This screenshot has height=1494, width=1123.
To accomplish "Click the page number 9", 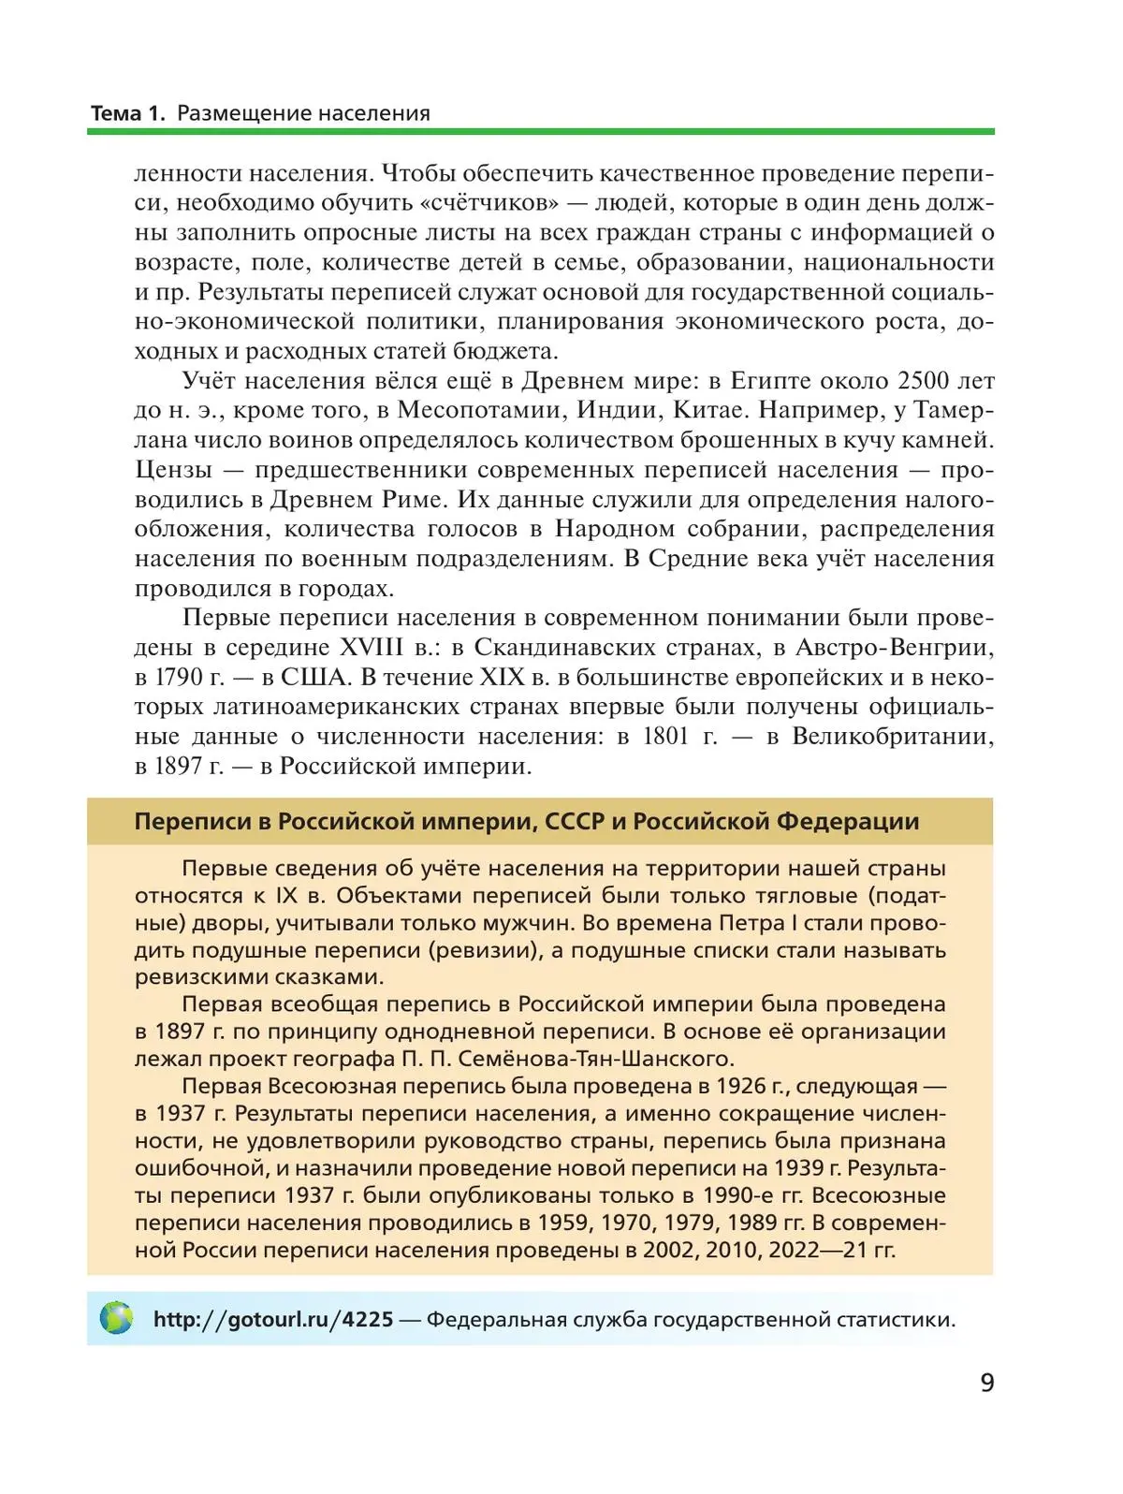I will click(986, 1382).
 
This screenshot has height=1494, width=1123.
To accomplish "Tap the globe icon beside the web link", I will click(116, 1318).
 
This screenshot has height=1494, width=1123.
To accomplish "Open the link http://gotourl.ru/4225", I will click(273, 1319).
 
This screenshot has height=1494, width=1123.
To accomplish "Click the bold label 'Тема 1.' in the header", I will click(127, 113).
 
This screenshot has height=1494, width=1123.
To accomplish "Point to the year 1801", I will click(666, 736).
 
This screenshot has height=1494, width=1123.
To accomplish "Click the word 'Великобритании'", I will click(893, 736).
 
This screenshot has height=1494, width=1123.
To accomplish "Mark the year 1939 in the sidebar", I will click(799, 1167).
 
